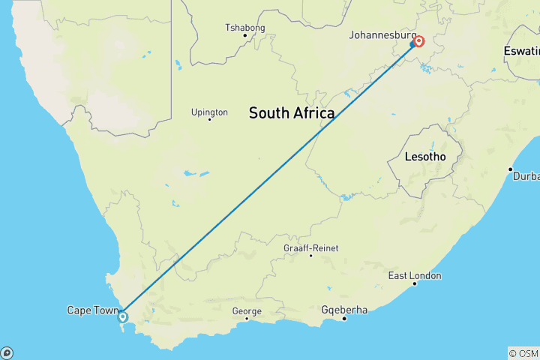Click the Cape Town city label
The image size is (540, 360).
(x=93, y=310)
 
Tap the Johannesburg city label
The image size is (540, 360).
(x=382, y=34)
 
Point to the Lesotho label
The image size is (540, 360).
(x=424, y=157)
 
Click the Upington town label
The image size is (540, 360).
(x=208, y=112)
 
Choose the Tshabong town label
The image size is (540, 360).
(x=245, y=28)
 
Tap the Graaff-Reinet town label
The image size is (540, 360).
(x=310, y=247)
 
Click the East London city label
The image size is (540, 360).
(x=415, y=276)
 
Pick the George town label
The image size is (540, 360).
(x=247, y=310)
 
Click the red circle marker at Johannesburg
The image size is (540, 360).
(x=418, y=41)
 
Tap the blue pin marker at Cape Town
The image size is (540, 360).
(x=123, y=316)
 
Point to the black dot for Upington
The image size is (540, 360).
(x=209, y=119)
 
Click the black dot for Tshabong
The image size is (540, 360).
(x=245, y=35)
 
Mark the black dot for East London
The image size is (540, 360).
(x=415, y=283)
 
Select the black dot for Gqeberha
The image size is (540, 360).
(x=344, y=318)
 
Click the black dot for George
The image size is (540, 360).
(x=247, y=319)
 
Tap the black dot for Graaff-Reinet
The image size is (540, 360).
(x=310, y=256)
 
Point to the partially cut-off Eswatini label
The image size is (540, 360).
(x=522, y=51)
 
